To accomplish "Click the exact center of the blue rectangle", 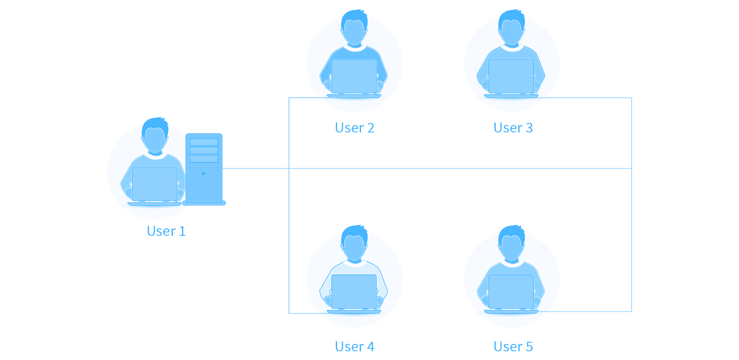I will click(369, 180).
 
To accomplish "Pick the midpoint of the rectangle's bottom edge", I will click(369, 350).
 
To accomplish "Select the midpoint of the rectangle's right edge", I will click(632, 180).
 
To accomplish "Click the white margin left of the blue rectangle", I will click(53, 180).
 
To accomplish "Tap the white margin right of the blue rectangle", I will click(686, 180).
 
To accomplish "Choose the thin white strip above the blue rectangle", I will click(369, 4).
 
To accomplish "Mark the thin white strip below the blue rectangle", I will click(369, 356).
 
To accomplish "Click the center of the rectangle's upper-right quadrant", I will click(500, 95).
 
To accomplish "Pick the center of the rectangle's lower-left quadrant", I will click(238, 265).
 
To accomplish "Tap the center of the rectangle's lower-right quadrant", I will click(500, 265).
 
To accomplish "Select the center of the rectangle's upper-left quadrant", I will click(238, 95).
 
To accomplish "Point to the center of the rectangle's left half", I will click(238, 180).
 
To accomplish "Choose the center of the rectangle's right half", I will click(500, 180).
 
